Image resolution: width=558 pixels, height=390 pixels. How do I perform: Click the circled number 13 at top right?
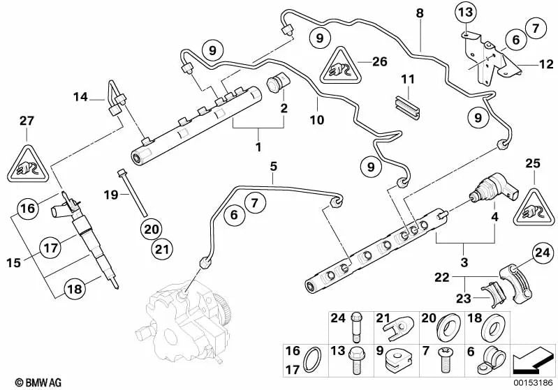click(x=466, y=12)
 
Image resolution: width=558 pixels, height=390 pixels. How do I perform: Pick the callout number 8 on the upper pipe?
click(x=420, y=13)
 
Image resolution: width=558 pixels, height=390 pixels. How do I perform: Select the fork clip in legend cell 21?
click(x=402, y=326)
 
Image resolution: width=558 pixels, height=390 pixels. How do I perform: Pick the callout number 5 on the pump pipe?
click(x=274, y=166)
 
